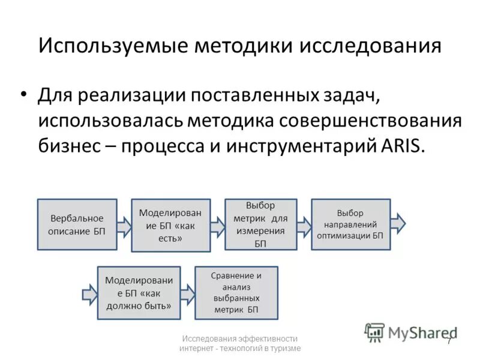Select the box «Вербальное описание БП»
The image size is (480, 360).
(77, 224)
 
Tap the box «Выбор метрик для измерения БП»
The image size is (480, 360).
(260, 224)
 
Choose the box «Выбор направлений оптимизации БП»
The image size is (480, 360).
(350, 224)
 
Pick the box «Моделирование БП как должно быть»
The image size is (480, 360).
(139, 292)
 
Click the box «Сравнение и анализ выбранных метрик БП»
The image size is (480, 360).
(236, 293)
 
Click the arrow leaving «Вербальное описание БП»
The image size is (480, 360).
(124, 225)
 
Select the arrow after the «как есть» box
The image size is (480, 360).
(217, 224)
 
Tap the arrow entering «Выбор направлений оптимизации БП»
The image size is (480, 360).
(304, 224)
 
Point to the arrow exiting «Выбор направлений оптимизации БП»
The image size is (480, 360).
(398, 224)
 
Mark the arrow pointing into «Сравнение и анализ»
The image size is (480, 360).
(188, 293)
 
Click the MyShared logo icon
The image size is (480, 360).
(374, 332)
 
